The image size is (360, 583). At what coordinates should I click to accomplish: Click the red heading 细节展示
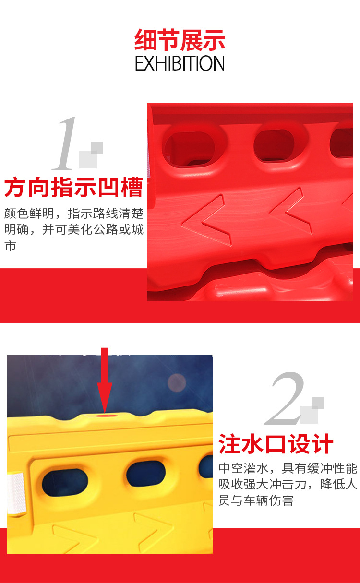click(x=180, y=40)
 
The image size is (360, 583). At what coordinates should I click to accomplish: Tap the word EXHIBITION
click(x=180, y=63)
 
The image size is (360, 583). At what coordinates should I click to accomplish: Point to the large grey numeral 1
click(x=64, y=143)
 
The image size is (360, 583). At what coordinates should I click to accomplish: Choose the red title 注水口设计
click(x=276, y=444)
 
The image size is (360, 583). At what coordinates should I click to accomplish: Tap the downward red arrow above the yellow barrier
click(x=105, y=380)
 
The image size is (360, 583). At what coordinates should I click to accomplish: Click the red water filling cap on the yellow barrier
click(x=104, y=416)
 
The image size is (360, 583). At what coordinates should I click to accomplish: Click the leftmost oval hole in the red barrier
click(x=190, y=148)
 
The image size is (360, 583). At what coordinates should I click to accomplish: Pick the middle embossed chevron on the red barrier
click(x=290, y=211)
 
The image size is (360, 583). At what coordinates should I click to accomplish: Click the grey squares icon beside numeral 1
click(x=91, y=155)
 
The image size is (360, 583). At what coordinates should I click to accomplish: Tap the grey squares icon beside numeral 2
click(x=312, y=410)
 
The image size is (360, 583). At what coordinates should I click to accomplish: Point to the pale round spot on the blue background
click(x=177, y=382)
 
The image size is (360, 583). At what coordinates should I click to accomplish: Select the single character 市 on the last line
click(x=11, y=245)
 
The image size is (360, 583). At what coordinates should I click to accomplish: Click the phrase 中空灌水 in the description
click(x=243, y=468)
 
